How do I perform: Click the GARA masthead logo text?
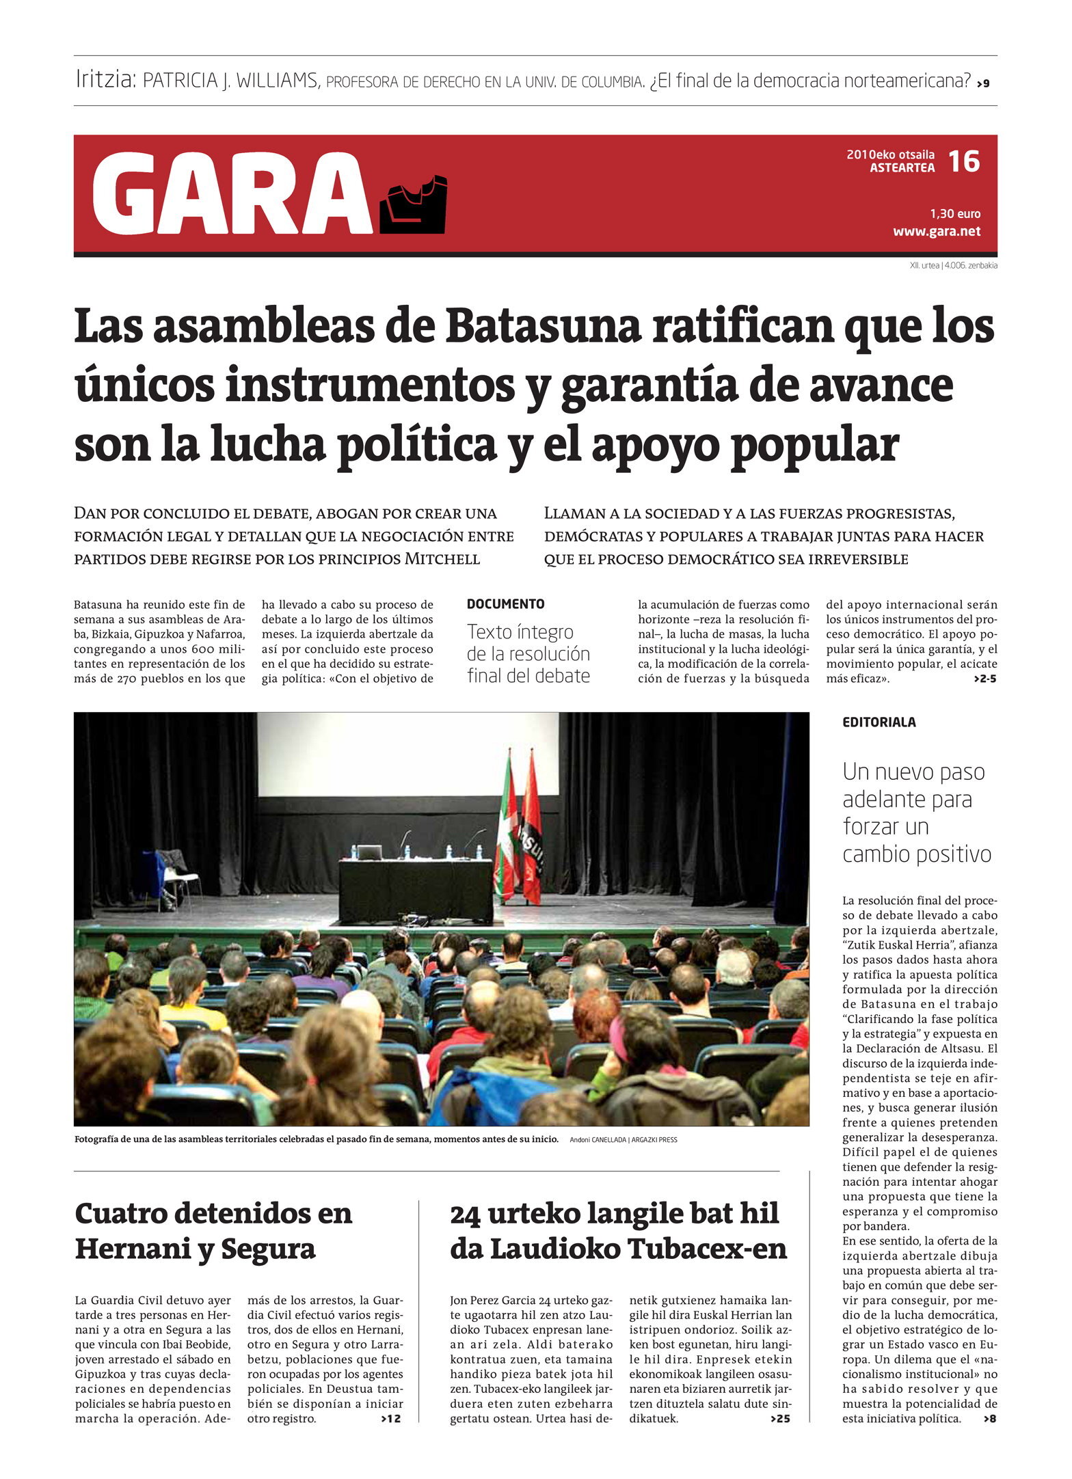(x=232, y=194)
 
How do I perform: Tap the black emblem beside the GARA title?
(x=413, y=204)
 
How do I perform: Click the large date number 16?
(x=964, y=161)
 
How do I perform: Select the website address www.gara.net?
(x=937, y=231)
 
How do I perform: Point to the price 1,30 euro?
(x=954, y=214)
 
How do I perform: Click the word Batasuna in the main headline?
(x=544, y=327)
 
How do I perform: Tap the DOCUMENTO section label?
(x=506, y=604)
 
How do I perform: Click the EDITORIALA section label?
(x=879, y=722)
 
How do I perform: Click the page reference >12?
(x=392, y=1419)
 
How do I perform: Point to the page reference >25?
(x=780, y=1419)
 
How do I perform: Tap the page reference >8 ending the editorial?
(x=989, y=1419)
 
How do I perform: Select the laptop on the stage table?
(x=369, y=852)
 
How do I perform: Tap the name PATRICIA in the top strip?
(x=180, y=81)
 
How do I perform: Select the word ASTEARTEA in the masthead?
(x=902, y=168)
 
